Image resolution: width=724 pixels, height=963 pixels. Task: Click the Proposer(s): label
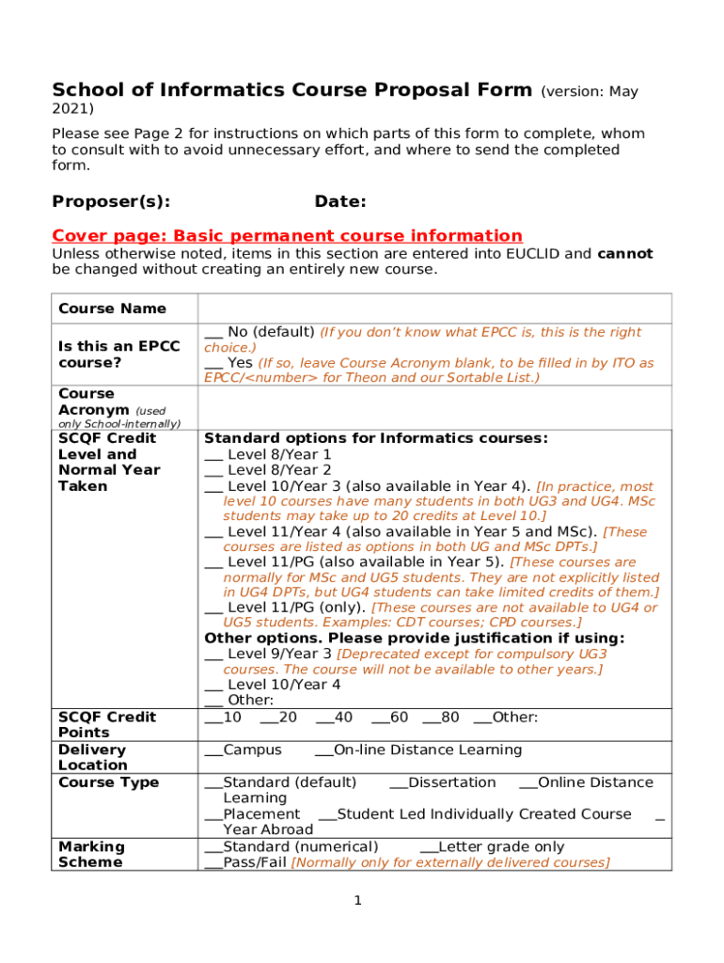pos(111,201)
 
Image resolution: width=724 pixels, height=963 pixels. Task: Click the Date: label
pos(340,201)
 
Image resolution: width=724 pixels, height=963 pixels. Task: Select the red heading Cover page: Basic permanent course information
pos(287,235)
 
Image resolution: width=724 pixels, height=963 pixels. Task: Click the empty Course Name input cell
pos(434,308)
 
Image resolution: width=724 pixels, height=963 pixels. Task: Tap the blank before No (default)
pos(213,333)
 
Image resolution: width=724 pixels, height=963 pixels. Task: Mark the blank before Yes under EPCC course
pos(213,363)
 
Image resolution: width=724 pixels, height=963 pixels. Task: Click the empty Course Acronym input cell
pos(434,407)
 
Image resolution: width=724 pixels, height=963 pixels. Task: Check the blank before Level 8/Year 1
pos(213,455)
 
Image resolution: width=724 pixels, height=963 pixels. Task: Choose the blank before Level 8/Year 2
pos(213,470)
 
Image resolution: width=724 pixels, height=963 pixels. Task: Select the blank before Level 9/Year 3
pos(213,655)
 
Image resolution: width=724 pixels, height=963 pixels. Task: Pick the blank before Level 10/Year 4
pos(213,686)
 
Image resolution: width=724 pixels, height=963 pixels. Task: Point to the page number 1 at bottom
pos(358,901)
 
